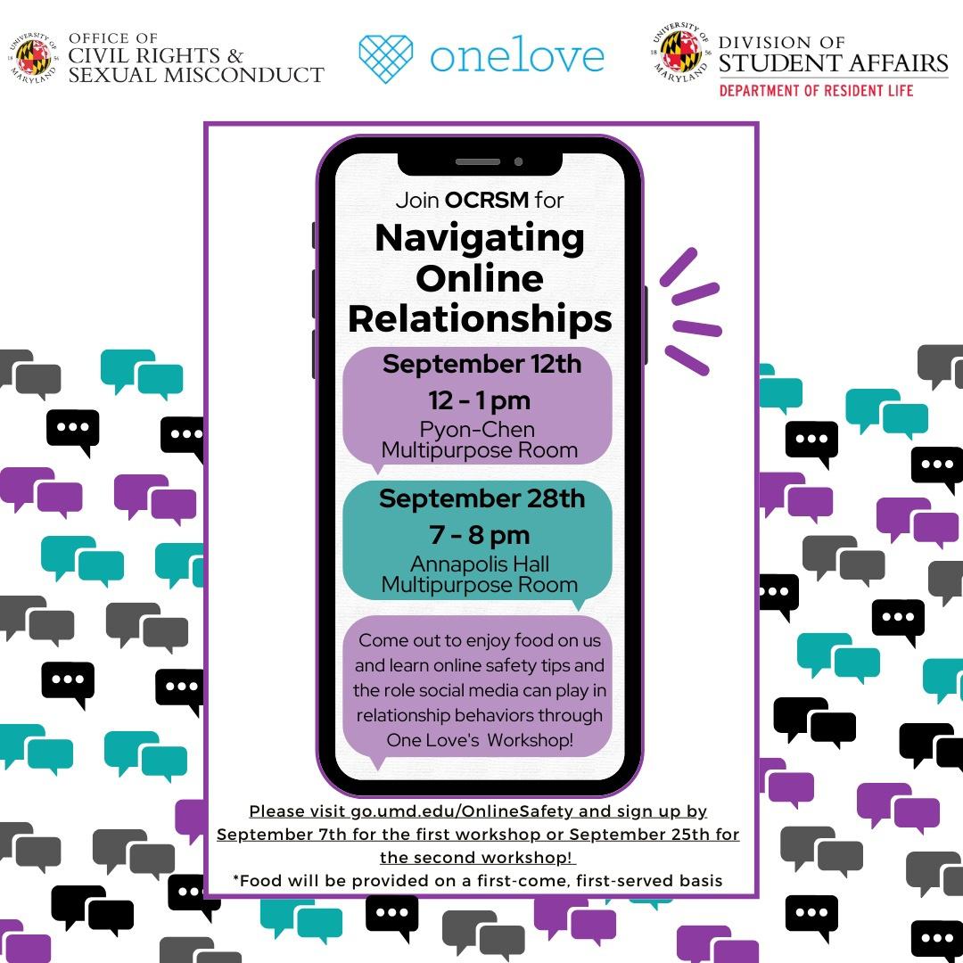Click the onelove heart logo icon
(386, 58)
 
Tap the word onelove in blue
(517, 56)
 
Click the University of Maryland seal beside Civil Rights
(35, 57)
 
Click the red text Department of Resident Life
(816, 90)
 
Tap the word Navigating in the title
(480, 237)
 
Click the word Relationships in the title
(480, 318)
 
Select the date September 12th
(481, 364)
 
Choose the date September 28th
(481, 498)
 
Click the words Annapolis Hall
(480, 564)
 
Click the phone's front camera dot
(518, 161)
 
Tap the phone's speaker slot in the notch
(478, 161)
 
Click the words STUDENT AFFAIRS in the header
(833, 62)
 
